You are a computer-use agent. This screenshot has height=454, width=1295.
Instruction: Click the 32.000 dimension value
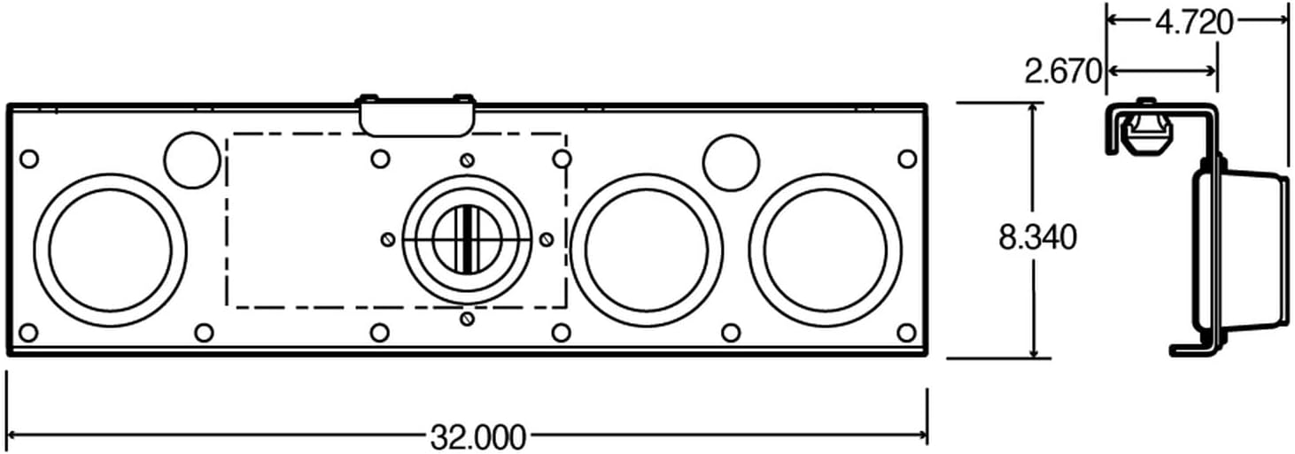pyautogui.click(x=477, y=436)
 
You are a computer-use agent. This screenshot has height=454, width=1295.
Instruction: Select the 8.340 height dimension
pyautogui.click(x=1037, y=236)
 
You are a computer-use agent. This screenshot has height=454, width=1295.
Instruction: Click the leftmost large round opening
pyautogui.click(x=110, y=250)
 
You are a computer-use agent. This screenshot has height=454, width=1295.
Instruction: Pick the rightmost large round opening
pyautogui.click(x=825, y=250)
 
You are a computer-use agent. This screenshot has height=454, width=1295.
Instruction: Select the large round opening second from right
pyautogui.click(x=647, y=250)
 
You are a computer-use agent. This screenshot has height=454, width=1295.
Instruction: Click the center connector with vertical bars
pyautogui.click(x=467, y=239)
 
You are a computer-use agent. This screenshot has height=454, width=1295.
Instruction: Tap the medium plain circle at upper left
pyautogui.click(x=191, y=160)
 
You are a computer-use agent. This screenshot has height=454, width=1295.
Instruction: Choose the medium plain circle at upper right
pyautogui.click(x=731, y=162)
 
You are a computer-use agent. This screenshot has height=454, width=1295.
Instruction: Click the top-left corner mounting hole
pyautogui.click(x=28, y=159)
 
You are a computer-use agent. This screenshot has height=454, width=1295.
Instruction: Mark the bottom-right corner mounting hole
pyautogui.click(x=906, y=333)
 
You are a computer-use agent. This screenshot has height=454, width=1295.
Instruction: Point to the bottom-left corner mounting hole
pyautogui.click(x=28, y=333)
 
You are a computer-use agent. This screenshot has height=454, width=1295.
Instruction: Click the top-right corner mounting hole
pyautogui.click(x=906, y=159)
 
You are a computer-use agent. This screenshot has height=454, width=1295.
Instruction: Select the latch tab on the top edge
pyautogui.click(x=416, y=115)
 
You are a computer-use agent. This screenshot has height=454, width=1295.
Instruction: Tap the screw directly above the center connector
pyautogui.click(x=468, y=160)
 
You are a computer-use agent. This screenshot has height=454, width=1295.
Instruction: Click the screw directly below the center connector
pyautogui.click(x=468, y=319)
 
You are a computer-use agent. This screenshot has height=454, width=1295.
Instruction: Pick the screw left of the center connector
pyautogui.click(x=387, y=240)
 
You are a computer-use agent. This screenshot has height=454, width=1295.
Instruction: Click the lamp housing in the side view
pyautogui.click(x=1240, y=250)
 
